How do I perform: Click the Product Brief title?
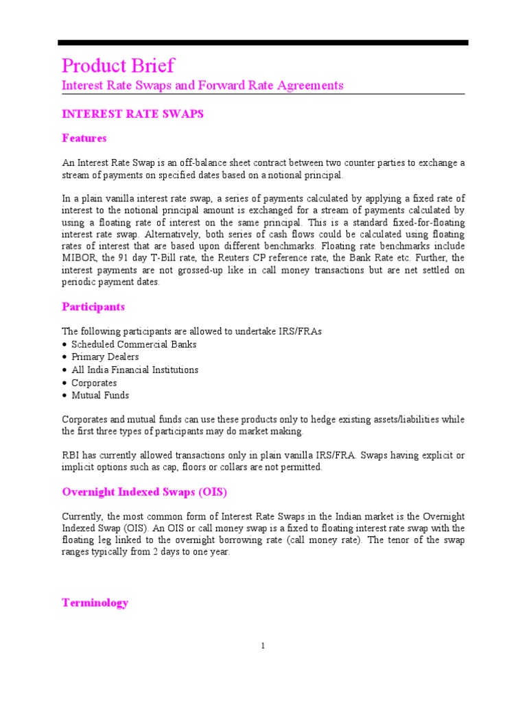(x=118, y=66)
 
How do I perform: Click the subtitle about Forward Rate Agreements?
(x=202, y=86)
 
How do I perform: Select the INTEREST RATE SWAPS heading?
(x=132, y=114)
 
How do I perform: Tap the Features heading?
(x=84, y=138)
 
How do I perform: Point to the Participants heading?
(x=93, y=307)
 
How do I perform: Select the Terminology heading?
(x=95, y=603)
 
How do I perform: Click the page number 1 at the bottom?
(x=263, y=646)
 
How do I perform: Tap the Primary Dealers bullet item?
(x=105, y=357)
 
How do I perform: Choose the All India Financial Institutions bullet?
(x=134, y=370)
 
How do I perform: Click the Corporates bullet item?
(x=94, y=383)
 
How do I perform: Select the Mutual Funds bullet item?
(x=100, y=396)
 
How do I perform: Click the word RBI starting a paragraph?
(x=71, y=455)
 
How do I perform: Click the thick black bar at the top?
(x=263, y=43)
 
